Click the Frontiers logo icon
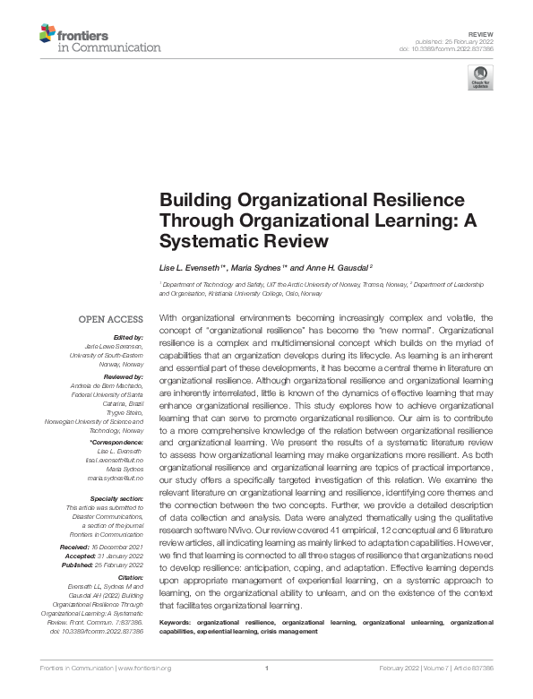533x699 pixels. coord(47,35)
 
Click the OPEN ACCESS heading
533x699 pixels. coord(110,319)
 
